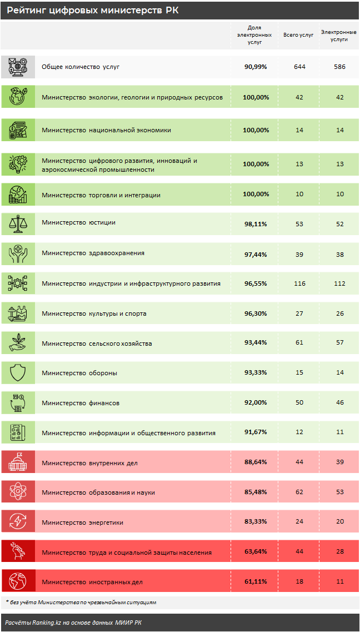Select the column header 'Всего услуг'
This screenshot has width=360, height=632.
tap(299, 34)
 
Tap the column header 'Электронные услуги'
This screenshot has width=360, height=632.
tap(338, 36)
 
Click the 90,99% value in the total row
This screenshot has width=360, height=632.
tap(256, 67)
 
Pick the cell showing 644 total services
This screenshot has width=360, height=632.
tap(299, 67)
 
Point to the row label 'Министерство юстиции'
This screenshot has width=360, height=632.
tap(78, 223)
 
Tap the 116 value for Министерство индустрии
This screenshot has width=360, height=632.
tap(299, 283)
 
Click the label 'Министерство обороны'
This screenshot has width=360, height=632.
tap(79, 373)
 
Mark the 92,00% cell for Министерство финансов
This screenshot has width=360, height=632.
tap(256, 403)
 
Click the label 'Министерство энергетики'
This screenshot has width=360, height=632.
tap(82, 522)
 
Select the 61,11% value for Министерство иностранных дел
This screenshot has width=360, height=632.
tap(256, 582)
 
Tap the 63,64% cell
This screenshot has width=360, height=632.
tap(256, 552)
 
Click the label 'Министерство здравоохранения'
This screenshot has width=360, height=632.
tap(93, 253)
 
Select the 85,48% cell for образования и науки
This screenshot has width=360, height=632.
tap(256, 492)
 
